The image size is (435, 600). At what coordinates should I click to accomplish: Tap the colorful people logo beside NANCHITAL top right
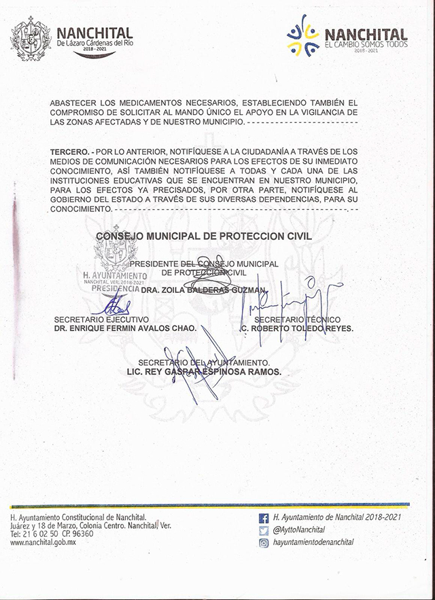(x=302, y=35)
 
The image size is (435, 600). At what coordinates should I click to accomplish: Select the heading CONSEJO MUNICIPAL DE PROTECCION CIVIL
(x=203, y=236)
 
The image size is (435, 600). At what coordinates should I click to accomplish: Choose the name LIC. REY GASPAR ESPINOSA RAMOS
(x=203, y=372)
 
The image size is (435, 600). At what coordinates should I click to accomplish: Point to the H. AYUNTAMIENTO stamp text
(x=114, y=275)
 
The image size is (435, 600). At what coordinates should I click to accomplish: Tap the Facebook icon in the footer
(x=264, y=518)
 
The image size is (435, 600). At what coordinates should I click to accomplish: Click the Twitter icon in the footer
(x=264, y=530)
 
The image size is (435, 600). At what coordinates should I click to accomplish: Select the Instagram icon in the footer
(x=264, y=542)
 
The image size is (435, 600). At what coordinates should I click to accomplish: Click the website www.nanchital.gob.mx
(x=43, y=543)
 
